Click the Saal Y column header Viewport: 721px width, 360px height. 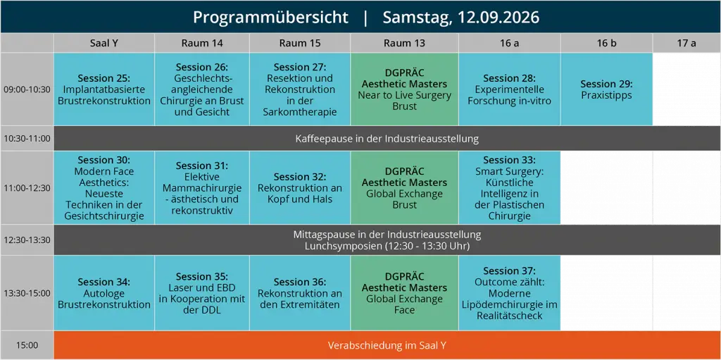[104, 43]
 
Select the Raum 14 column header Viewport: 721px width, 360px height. [202, 43]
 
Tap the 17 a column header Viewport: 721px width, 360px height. [686, 43]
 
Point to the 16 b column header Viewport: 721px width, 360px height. [606, 43]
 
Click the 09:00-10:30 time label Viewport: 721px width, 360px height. [27, 89]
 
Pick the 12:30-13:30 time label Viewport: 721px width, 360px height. [27, 240]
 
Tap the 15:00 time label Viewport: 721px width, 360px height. [27, 345]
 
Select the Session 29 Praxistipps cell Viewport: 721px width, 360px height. [606, 89]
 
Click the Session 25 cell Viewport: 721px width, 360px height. [104, 89]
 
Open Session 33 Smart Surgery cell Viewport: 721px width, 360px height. [510, 188]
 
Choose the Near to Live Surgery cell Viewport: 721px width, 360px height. [405, 89]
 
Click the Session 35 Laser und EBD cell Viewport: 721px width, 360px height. [202, 293]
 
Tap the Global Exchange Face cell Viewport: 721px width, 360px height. [405, 293]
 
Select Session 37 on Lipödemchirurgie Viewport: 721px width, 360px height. [510, 293]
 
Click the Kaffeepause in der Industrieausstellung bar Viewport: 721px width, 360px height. [387, 138]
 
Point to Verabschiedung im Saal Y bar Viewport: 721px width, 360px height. [387, 345]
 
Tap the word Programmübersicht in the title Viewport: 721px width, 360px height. [270, 18]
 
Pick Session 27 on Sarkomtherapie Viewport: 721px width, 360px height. [300, 89]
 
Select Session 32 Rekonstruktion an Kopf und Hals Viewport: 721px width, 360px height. [300, 188]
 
